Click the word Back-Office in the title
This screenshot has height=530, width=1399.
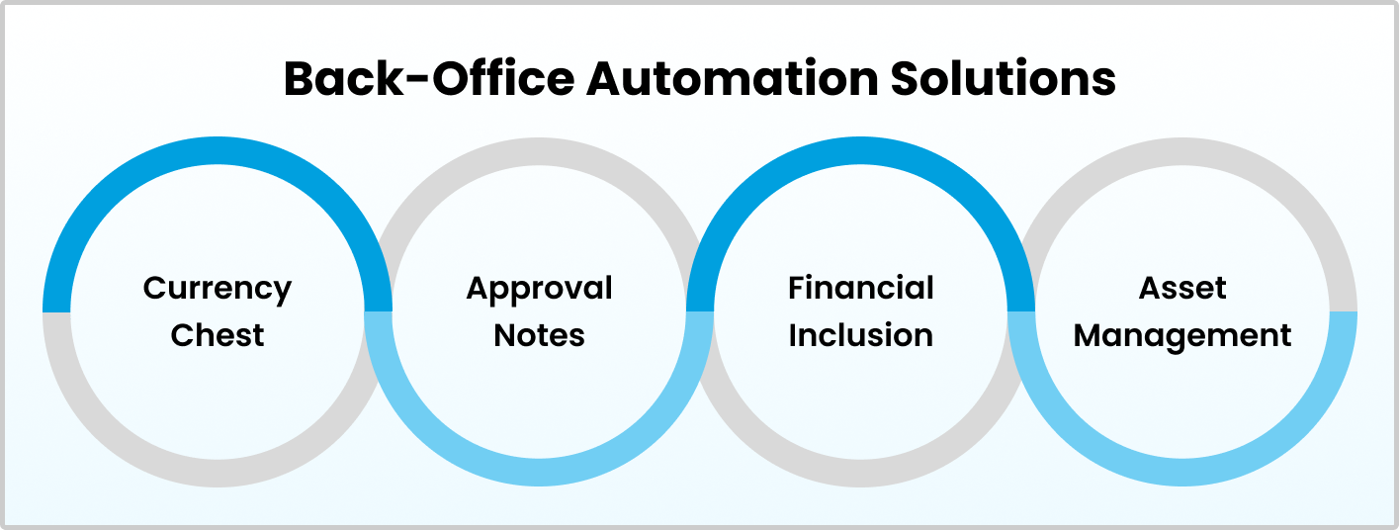(x=429, y=78)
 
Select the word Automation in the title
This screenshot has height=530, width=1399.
(x=732, y=78)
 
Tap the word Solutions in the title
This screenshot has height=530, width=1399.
(x=1004, y=78)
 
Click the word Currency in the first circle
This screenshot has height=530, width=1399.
(x=217, y=290)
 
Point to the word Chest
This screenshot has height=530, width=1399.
(x=217, y=335)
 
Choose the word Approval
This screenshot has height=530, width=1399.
(x=539, y=290)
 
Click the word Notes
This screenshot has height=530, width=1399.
(x=539, y=335)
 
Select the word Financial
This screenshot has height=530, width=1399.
(x=860, y=288)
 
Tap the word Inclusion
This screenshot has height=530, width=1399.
(x=860, y=335)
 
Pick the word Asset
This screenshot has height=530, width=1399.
(x=1182, y=289)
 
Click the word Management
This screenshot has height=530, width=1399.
(x=1182, y=337)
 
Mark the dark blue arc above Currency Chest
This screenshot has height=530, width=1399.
(x=218, y=150)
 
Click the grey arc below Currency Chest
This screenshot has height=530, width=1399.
(x=218, y=474)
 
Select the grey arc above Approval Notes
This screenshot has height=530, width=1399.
(x=539, y=151)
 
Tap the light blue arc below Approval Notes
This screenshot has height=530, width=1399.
(x=539, y=472)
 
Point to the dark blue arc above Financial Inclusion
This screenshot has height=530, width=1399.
(x=860, y=150)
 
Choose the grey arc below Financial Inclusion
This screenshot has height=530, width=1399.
(x=860, y=474)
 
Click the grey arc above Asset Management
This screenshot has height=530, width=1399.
(x=1182, y=151)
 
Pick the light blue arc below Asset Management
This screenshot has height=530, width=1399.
(x=1182, y=472)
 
